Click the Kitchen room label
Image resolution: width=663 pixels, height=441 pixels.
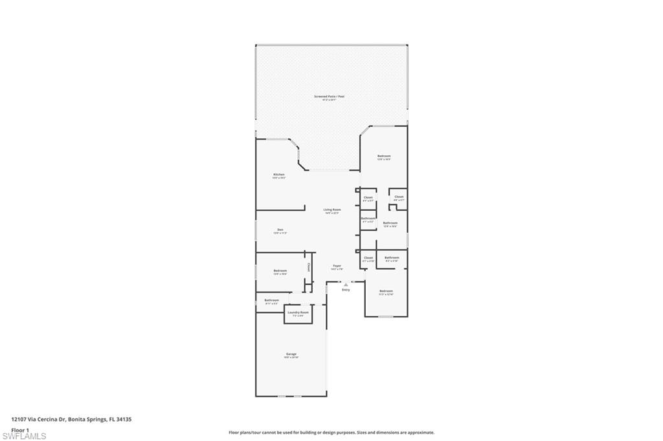click(x=278, y=175)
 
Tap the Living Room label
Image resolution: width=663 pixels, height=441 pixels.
click(x=332, y=210)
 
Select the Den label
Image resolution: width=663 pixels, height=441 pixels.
click(x=280, y=230)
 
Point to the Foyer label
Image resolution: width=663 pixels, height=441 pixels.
click(x=337, y=266)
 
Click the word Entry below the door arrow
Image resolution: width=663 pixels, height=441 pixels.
click(x=346, y=289)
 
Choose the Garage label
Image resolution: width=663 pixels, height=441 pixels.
click(x=291, y=354)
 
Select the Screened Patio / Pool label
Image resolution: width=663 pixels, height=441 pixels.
click(x=329, y=96)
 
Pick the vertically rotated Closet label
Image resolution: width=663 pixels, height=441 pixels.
click(x=309, y=266)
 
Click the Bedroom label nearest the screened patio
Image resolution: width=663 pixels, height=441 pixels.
click(x=384, y=156)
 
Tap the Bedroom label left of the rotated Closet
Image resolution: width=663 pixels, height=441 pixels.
click(x=280, y=270)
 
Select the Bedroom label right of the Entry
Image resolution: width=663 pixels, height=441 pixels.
click(x=386, y=291)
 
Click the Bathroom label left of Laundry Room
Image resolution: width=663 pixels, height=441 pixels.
click(x=271, y=300)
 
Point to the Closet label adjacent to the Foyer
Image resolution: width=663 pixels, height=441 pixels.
click(x=368, y=257)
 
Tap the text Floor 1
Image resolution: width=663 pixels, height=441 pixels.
click(x=20, y=429)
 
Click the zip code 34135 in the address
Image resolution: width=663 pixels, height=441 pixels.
click(x=125, y=419)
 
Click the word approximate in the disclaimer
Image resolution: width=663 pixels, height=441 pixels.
click(x=420, y=433)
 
